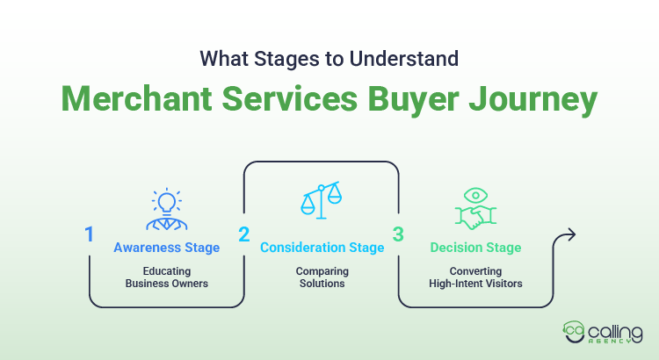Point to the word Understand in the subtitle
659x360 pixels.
403,59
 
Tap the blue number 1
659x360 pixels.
90,235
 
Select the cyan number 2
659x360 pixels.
243,235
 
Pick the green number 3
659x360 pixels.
398,235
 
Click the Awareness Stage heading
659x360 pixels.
166,248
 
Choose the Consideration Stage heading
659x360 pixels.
322,248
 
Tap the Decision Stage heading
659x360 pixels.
475,248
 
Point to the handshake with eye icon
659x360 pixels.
475,209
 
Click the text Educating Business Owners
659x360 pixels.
166,277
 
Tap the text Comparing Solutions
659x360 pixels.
322,277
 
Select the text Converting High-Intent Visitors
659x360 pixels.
475,277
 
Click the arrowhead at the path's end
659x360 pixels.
570,234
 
